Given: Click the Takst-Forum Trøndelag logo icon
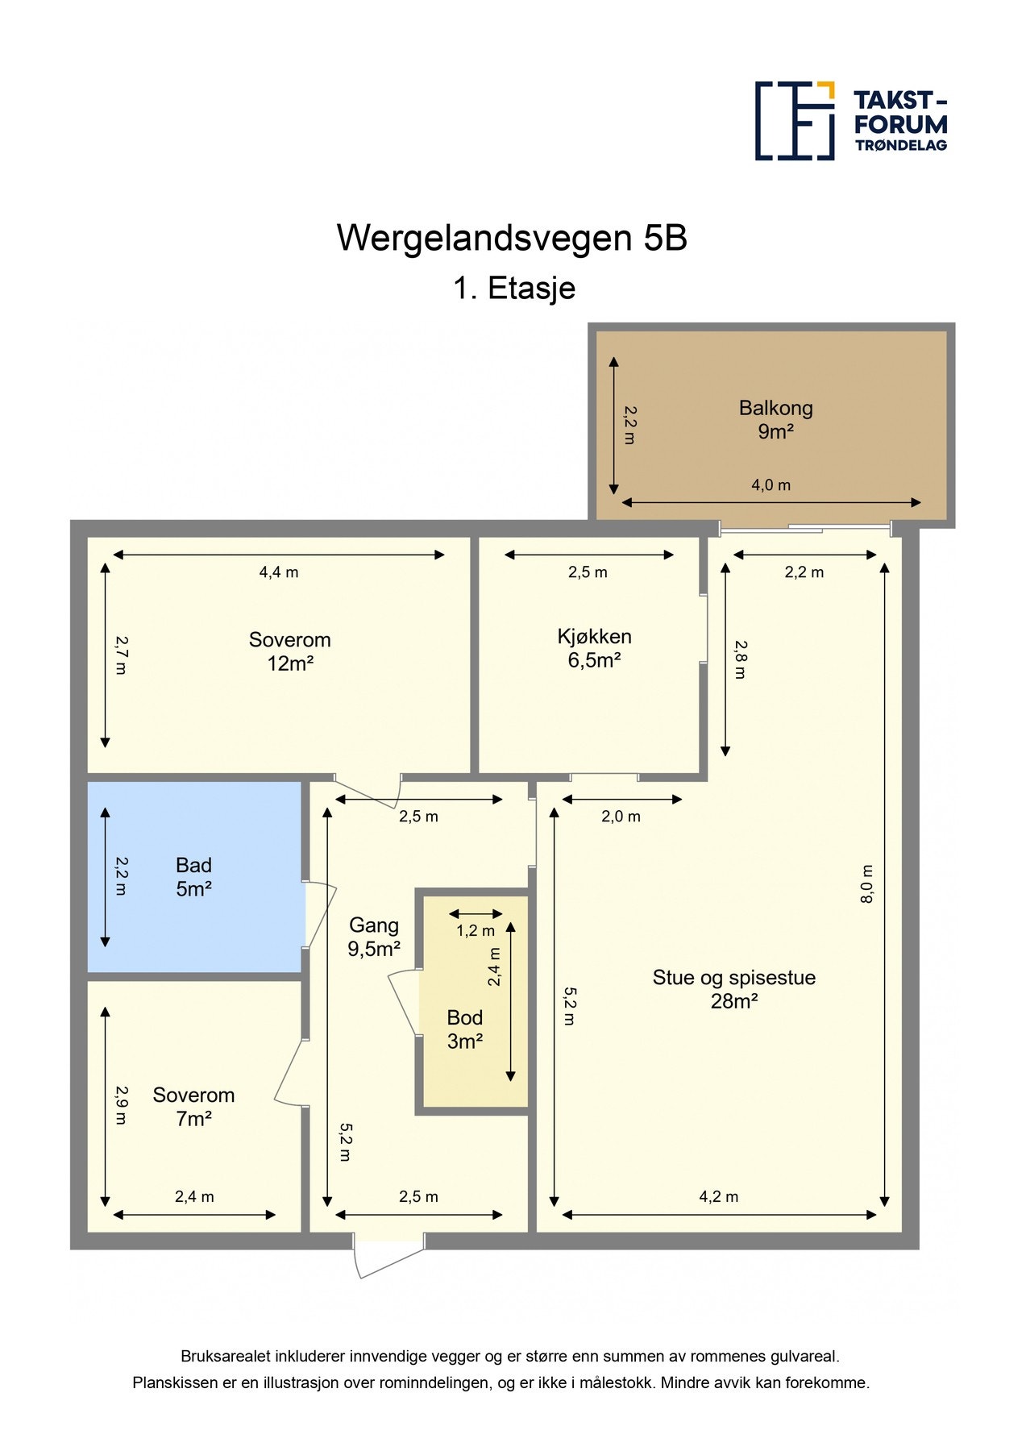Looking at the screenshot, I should tap(794, 121).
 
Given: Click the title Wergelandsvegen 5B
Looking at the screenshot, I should tap(512, 238).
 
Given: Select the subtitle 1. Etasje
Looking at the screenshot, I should tap(513, 289).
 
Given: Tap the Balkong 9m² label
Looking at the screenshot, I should tap(775, 419).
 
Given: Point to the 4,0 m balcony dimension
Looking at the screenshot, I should tap(771, 485).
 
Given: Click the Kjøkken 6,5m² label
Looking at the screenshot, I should tap(594, 648).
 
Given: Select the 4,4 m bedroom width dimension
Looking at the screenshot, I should tap(278, 572).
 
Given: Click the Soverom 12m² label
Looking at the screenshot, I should tap(289, 651).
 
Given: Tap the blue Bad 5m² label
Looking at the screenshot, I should tap(193, 877).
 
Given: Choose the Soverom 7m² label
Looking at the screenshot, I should tap(193, 1106).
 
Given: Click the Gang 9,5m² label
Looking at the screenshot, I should tap(373, 937).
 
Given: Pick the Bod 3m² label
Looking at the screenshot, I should tap(464, 1029).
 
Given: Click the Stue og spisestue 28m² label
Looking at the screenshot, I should tap(733, 989).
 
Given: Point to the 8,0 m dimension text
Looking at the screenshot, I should tap(866, 884).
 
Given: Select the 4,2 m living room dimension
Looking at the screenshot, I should tap(718, 1197).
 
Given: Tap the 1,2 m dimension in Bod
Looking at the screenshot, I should tap(476, 931).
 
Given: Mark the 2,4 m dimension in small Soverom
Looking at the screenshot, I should tap(194, 1197).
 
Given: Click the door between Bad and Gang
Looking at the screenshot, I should tap(320, 915).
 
